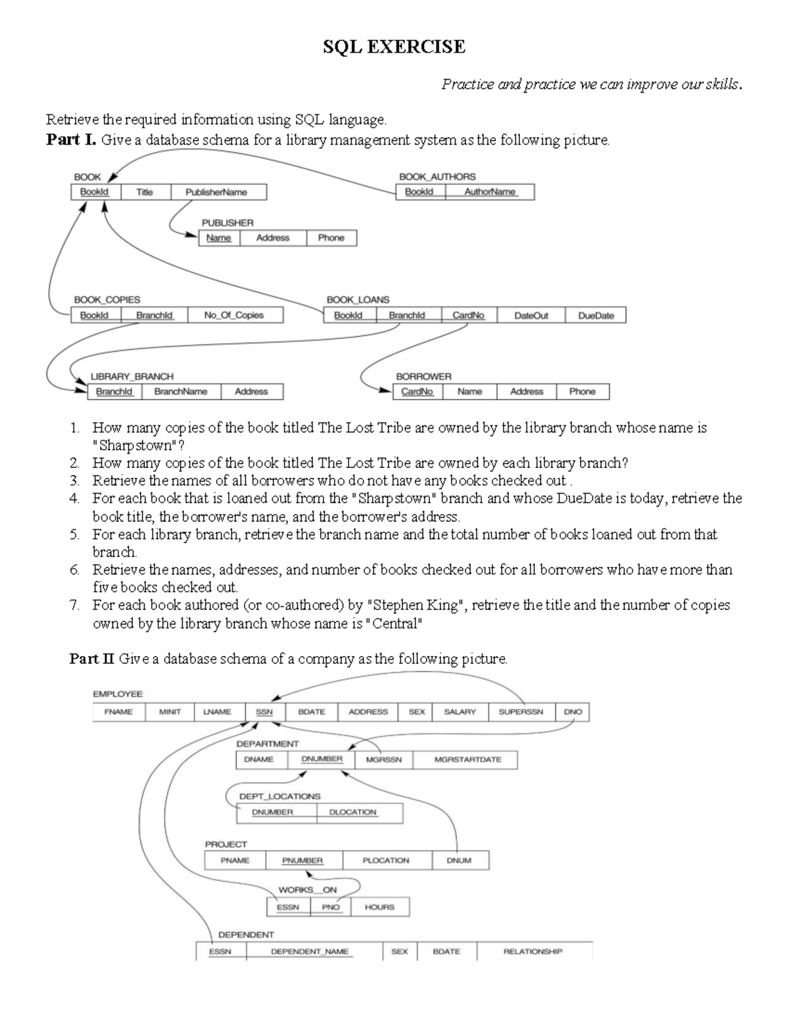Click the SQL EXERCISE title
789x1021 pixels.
pos(394,47)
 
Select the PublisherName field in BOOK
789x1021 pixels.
pos(216,192)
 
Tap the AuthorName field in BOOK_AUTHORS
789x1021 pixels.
pos(490,191)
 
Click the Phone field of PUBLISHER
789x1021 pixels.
pos(331,238)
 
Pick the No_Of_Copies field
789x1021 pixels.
pos(234,316)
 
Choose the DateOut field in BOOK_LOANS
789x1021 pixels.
pos(531,316)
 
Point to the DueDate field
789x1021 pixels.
pos(596,316)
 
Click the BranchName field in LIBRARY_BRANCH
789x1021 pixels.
pos(181,391)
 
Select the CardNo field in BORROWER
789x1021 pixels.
pos(418,391)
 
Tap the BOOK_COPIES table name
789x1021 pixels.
pos(107,300)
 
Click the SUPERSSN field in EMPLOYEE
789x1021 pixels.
pos(521,712)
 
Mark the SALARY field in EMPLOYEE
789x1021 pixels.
pos(460,712)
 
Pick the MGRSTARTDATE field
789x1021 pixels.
pos(467,759)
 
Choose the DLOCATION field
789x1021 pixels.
pos(353,812)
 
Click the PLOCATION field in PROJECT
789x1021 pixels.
pos(386,860)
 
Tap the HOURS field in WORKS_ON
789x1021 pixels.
pos(379,907)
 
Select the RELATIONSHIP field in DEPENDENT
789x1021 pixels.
pos(533,951)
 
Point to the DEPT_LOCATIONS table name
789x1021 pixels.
pos(279,796)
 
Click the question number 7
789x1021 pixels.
pos(74,605)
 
